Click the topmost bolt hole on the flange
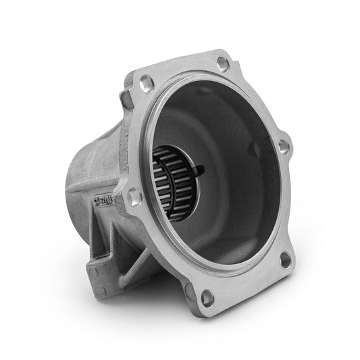click(x=223, y=64)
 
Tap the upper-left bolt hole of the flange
click(x=145, y=86)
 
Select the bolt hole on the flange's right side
click(x=284, y=145)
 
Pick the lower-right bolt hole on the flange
click(x=286, y=258)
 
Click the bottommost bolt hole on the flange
click(x=208, y=295)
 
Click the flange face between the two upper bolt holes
click(x=182, y=71)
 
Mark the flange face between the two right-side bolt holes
click(x=287, y=203)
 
